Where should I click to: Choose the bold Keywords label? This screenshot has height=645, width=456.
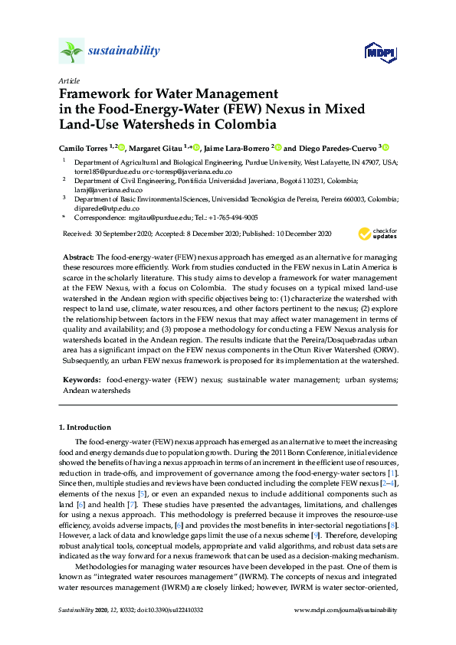pos(80,380)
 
